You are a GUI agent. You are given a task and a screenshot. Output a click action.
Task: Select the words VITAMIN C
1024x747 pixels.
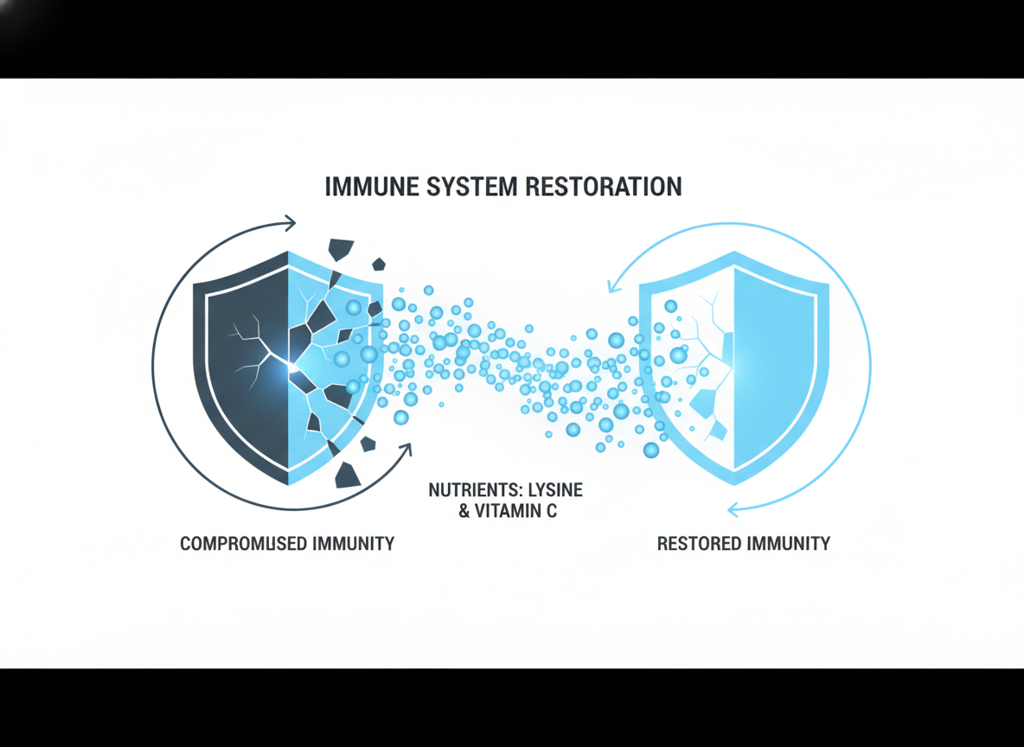(x=517, y=511)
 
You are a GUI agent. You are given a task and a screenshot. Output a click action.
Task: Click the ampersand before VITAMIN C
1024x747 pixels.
(x=464, y=511)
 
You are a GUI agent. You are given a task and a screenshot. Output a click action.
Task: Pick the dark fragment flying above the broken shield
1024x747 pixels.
(x=341, y=249)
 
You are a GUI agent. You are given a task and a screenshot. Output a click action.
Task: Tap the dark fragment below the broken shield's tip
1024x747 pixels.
(x=349, y=474)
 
